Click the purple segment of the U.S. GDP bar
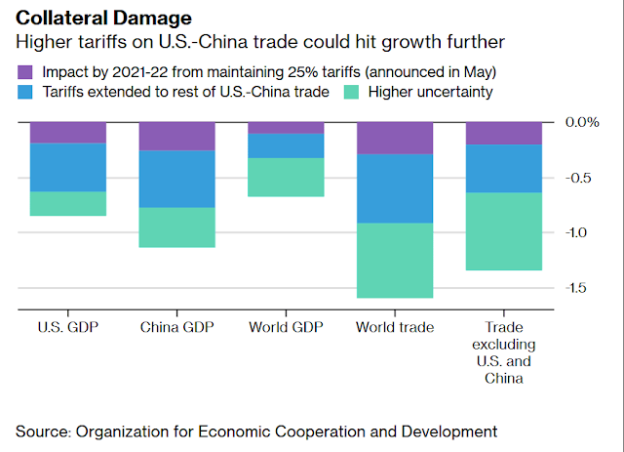click(68, 133)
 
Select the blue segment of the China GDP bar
click(177, 179)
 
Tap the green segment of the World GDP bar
click(286, 178)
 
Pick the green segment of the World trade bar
click(395, 261)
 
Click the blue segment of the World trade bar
click(395, 188)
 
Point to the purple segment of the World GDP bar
click(286, 128)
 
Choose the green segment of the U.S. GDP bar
click(68, 204)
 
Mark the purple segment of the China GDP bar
click(177, 137)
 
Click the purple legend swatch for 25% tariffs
click(25, 72)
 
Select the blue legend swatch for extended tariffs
click(25, 92)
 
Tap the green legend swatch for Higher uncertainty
click(351, 92)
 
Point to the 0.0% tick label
click(582, 122)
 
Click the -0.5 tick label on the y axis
click(578, 178)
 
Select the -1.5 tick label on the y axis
click(576, 288)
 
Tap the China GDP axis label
click(177, 327)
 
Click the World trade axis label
click(395, 327)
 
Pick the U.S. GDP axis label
click(68, 327)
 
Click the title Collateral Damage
click(104, 18)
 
